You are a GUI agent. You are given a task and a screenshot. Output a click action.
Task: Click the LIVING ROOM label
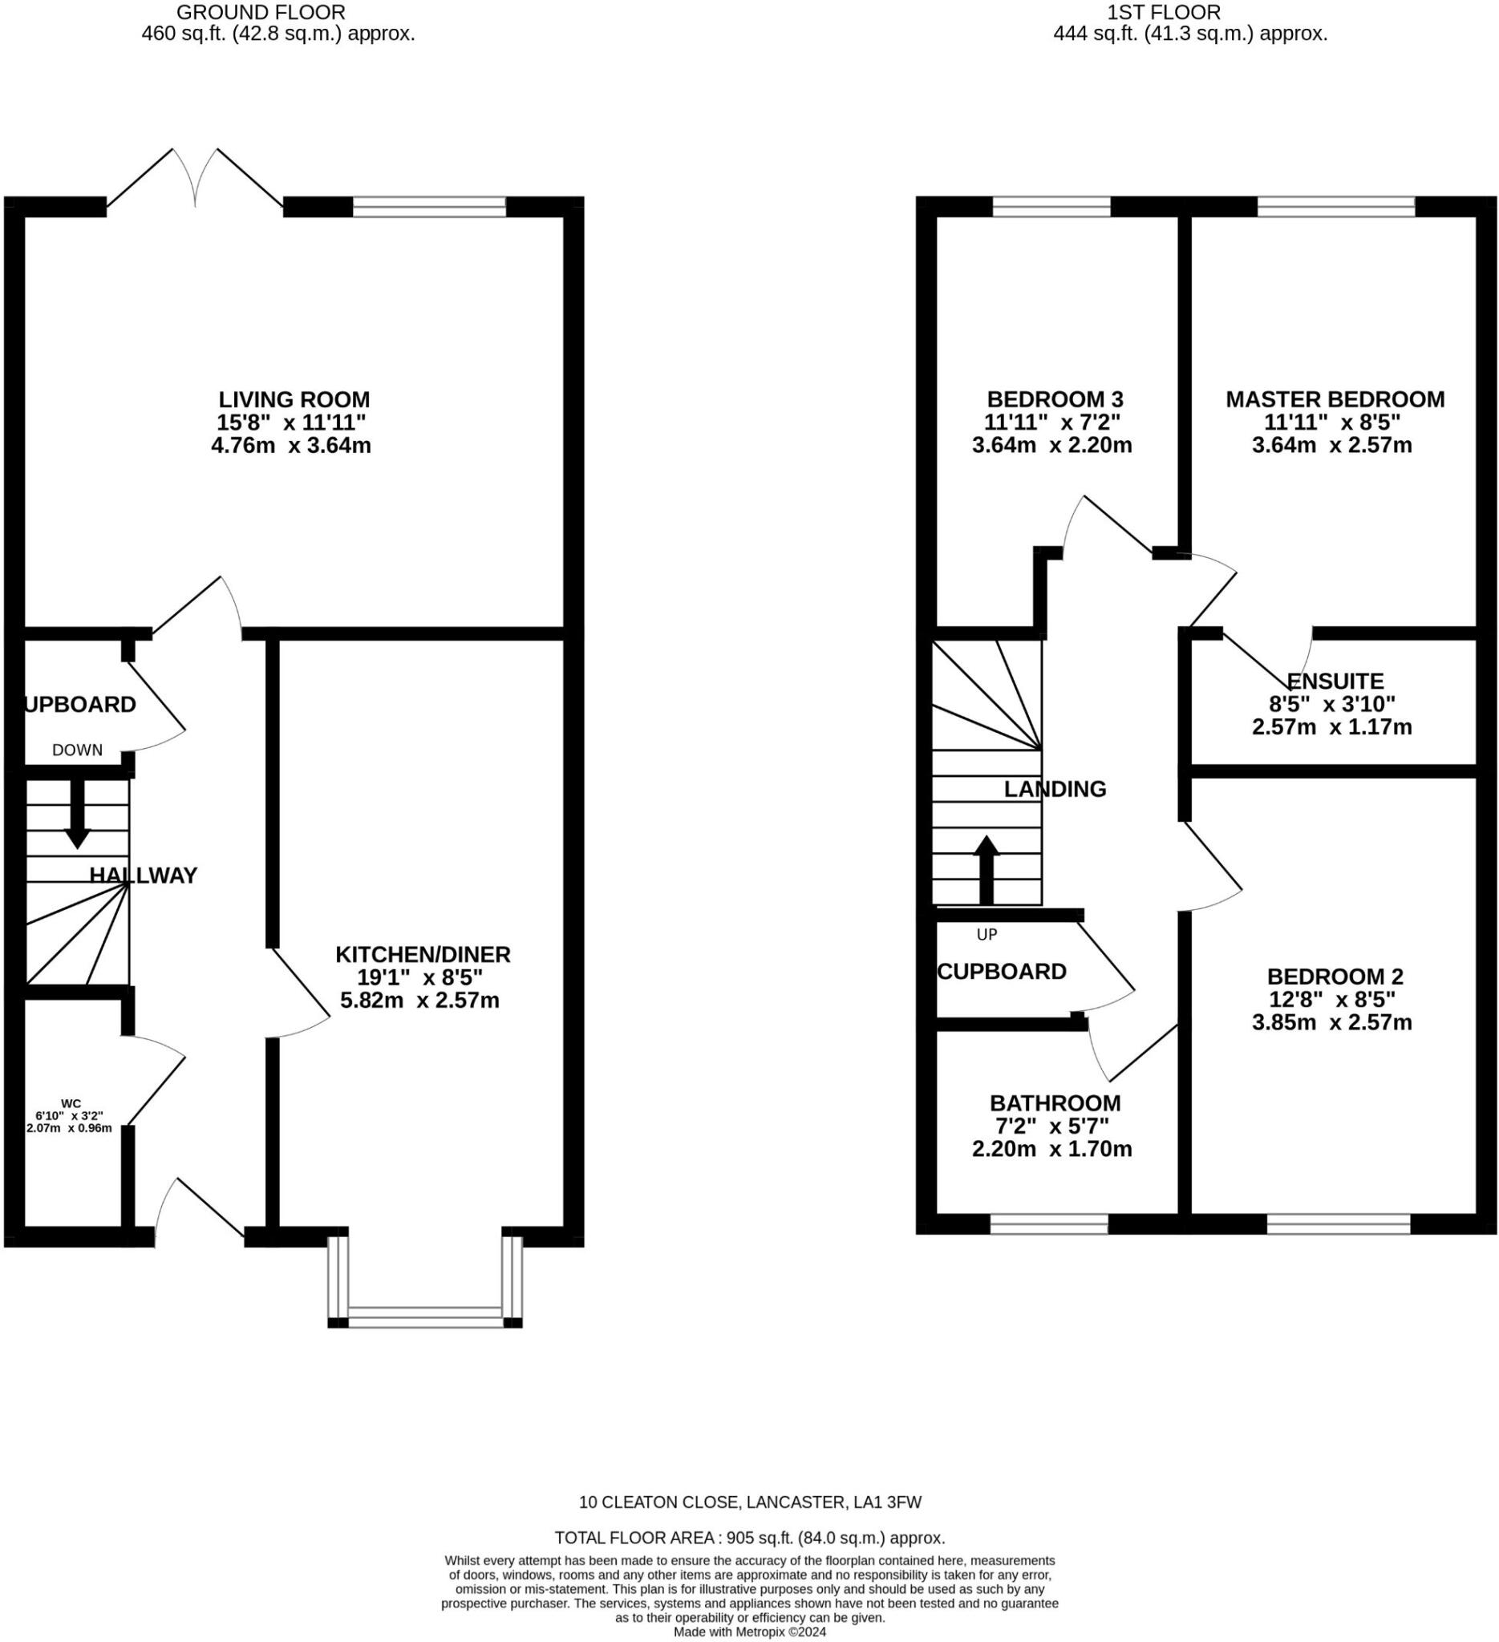[294, 400]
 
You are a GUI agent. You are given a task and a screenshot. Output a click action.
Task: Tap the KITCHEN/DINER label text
[423, 955]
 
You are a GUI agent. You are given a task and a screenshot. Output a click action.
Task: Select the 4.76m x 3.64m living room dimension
[291, 447]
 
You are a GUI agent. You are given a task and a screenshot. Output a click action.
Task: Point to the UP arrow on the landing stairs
[987, 870]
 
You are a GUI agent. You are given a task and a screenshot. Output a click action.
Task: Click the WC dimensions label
[69, 1117]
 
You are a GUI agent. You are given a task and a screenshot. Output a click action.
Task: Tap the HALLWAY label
[144, 876]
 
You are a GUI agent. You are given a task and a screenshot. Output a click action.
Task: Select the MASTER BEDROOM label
[1335, 400]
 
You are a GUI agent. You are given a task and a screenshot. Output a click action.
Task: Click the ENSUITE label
[1335, 681]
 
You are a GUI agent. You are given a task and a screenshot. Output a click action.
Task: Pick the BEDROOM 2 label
[1335, 977]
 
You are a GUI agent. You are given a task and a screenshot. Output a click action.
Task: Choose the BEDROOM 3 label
[1055, 400]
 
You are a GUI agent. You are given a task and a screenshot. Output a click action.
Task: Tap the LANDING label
[1055, 789]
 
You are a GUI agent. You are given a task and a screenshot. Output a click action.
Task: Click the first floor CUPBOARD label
[1002, 972]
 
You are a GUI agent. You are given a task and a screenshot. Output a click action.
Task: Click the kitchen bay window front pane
[424, 1318]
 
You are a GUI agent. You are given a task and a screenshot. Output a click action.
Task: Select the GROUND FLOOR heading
[261, 12]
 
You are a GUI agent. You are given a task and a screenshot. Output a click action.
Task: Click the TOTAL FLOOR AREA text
[749, 1539]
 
